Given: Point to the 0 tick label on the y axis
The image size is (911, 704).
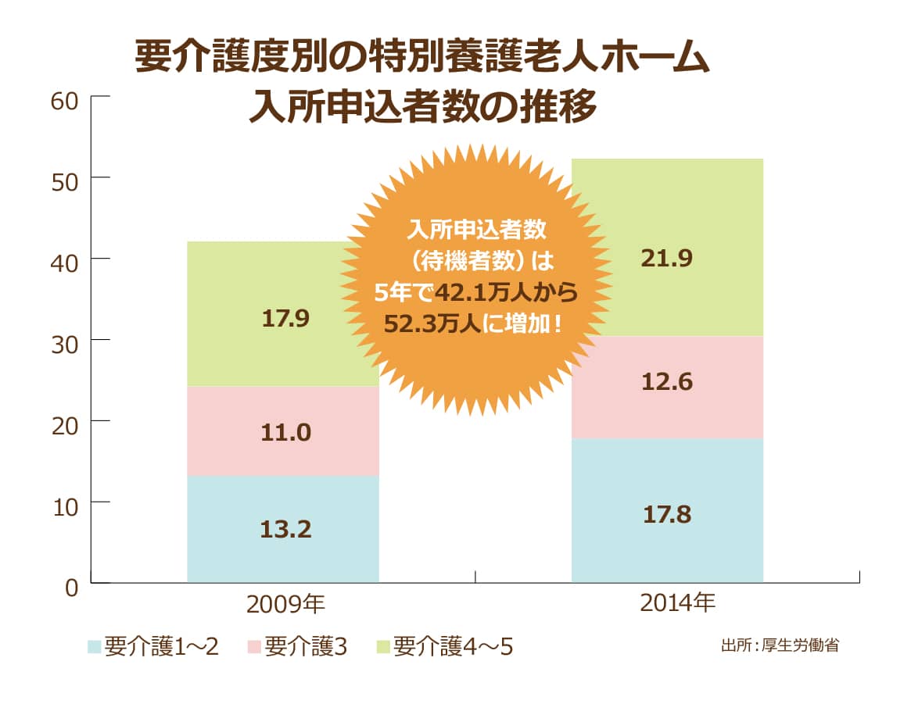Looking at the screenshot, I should pyautogui.click(x=71, y=586).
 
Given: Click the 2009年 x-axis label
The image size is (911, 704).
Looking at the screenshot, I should pyautogui.click(x=285, y=604).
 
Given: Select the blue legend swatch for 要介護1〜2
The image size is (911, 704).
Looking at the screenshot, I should pyautogui.click(x=94, y=647).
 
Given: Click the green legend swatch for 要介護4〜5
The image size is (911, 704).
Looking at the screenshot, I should pyautogui.click(x=383, y=647).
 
